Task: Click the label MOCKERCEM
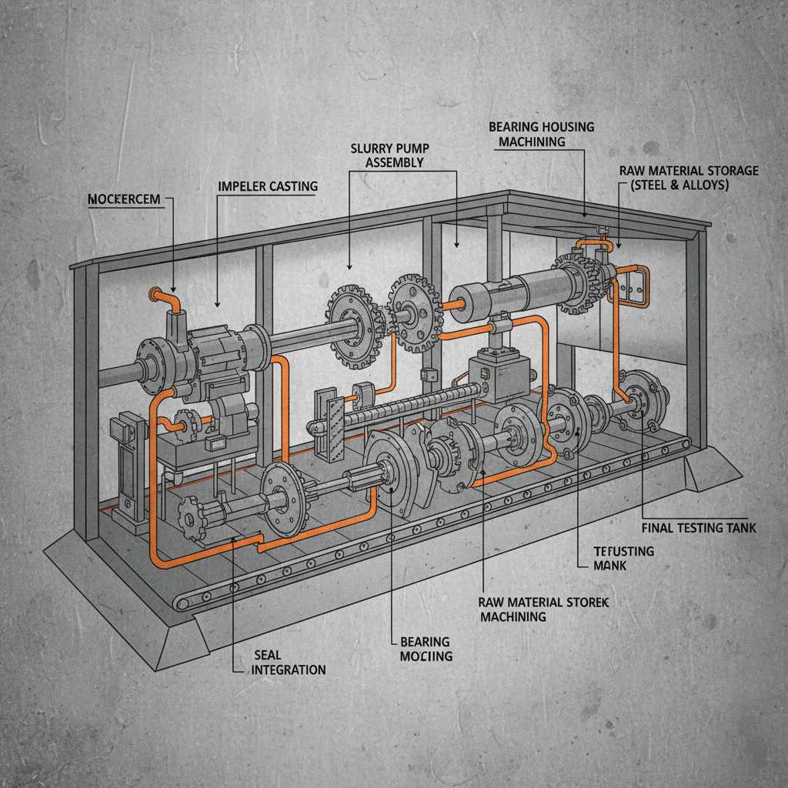click(124, 199)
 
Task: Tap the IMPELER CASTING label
click(267, 186)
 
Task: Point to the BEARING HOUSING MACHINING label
click(542, 134)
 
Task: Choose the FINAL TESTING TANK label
click(699, 528)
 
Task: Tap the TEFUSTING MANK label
click(623, 558)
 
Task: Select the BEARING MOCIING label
click(426, 649)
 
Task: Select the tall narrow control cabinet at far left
click(128, 469)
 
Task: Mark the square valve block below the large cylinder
click(499, 373)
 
